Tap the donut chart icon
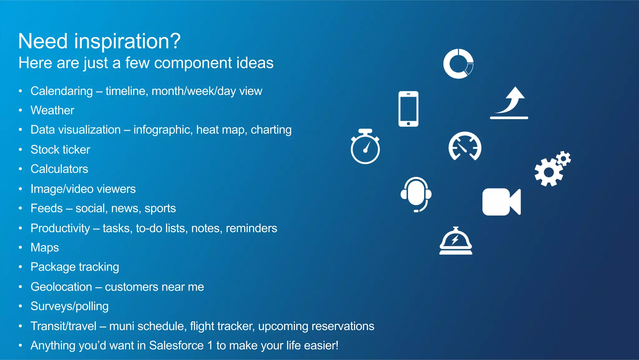[x=458, y=64]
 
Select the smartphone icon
[x=408, y=109]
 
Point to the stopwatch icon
[x=365, y=147]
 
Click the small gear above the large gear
[x=564, y=159]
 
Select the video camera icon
[x=501, y=202]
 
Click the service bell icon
[x=456, y=241]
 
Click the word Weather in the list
[x=52, y=110]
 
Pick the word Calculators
[x=59, y=169]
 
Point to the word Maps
[x=45, y=247]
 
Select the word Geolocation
[x=61, y=287]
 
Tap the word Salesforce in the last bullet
[x=176, y=345]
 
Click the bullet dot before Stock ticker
[x=21, y=150]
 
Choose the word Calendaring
[x=61, y=91]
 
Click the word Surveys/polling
[x=70, y=306]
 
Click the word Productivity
[x=60, y=228]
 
